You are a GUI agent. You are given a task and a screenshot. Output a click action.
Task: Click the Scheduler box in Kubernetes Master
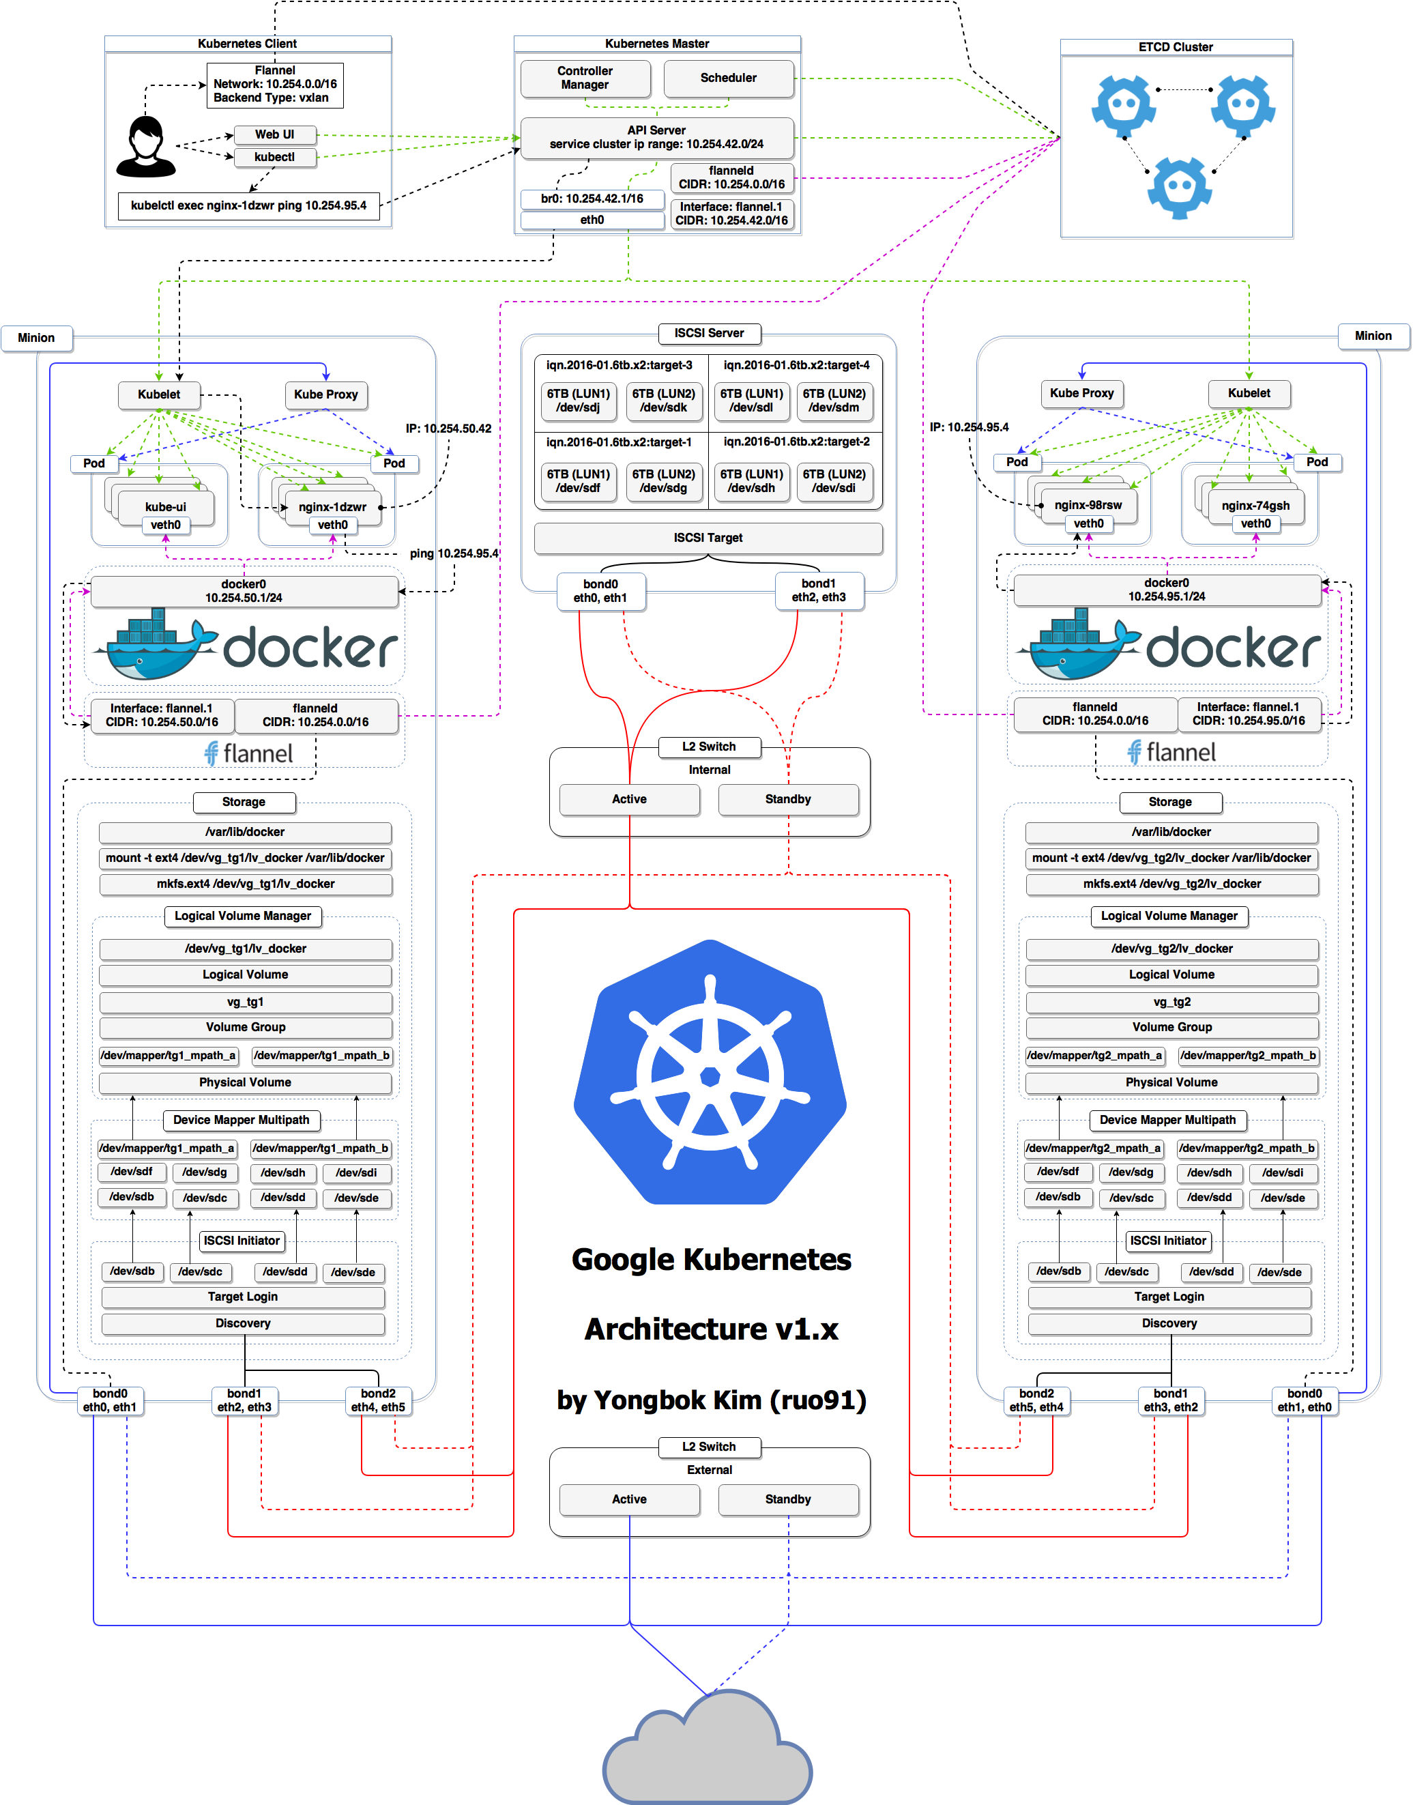[728, 78]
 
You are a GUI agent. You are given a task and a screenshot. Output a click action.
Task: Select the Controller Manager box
[585, 78]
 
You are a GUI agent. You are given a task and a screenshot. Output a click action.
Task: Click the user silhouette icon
[147, 147]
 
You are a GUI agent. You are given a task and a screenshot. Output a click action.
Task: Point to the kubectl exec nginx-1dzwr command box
[248, 205]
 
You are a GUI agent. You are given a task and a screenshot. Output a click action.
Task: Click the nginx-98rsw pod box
[1088, 504]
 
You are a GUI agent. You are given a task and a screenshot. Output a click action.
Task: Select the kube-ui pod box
[166, 506]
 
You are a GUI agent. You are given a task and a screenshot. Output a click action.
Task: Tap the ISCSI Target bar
[708, 538]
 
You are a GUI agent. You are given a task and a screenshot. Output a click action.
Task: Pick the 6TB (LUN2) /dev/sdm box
[834, 401]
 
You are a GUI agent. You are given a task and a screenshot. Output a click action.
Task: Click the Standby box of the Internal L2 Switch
[787, 799]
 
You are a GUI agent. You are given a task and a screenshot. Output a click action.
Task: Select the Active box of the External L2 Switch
[630, 1499]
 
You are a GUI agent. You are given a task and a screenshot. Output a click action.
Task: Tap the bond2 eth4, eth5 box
[378, 1400]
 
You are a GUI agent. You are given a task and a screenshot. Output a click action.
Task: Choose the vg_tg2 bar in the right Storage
[1171, 1002]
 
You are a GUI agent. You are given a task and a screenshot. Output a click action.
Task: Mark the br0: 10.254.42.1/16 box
[592, 199]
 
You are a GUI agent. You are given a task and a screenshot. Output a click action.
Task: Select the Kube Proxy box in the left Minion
[326, 394]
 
